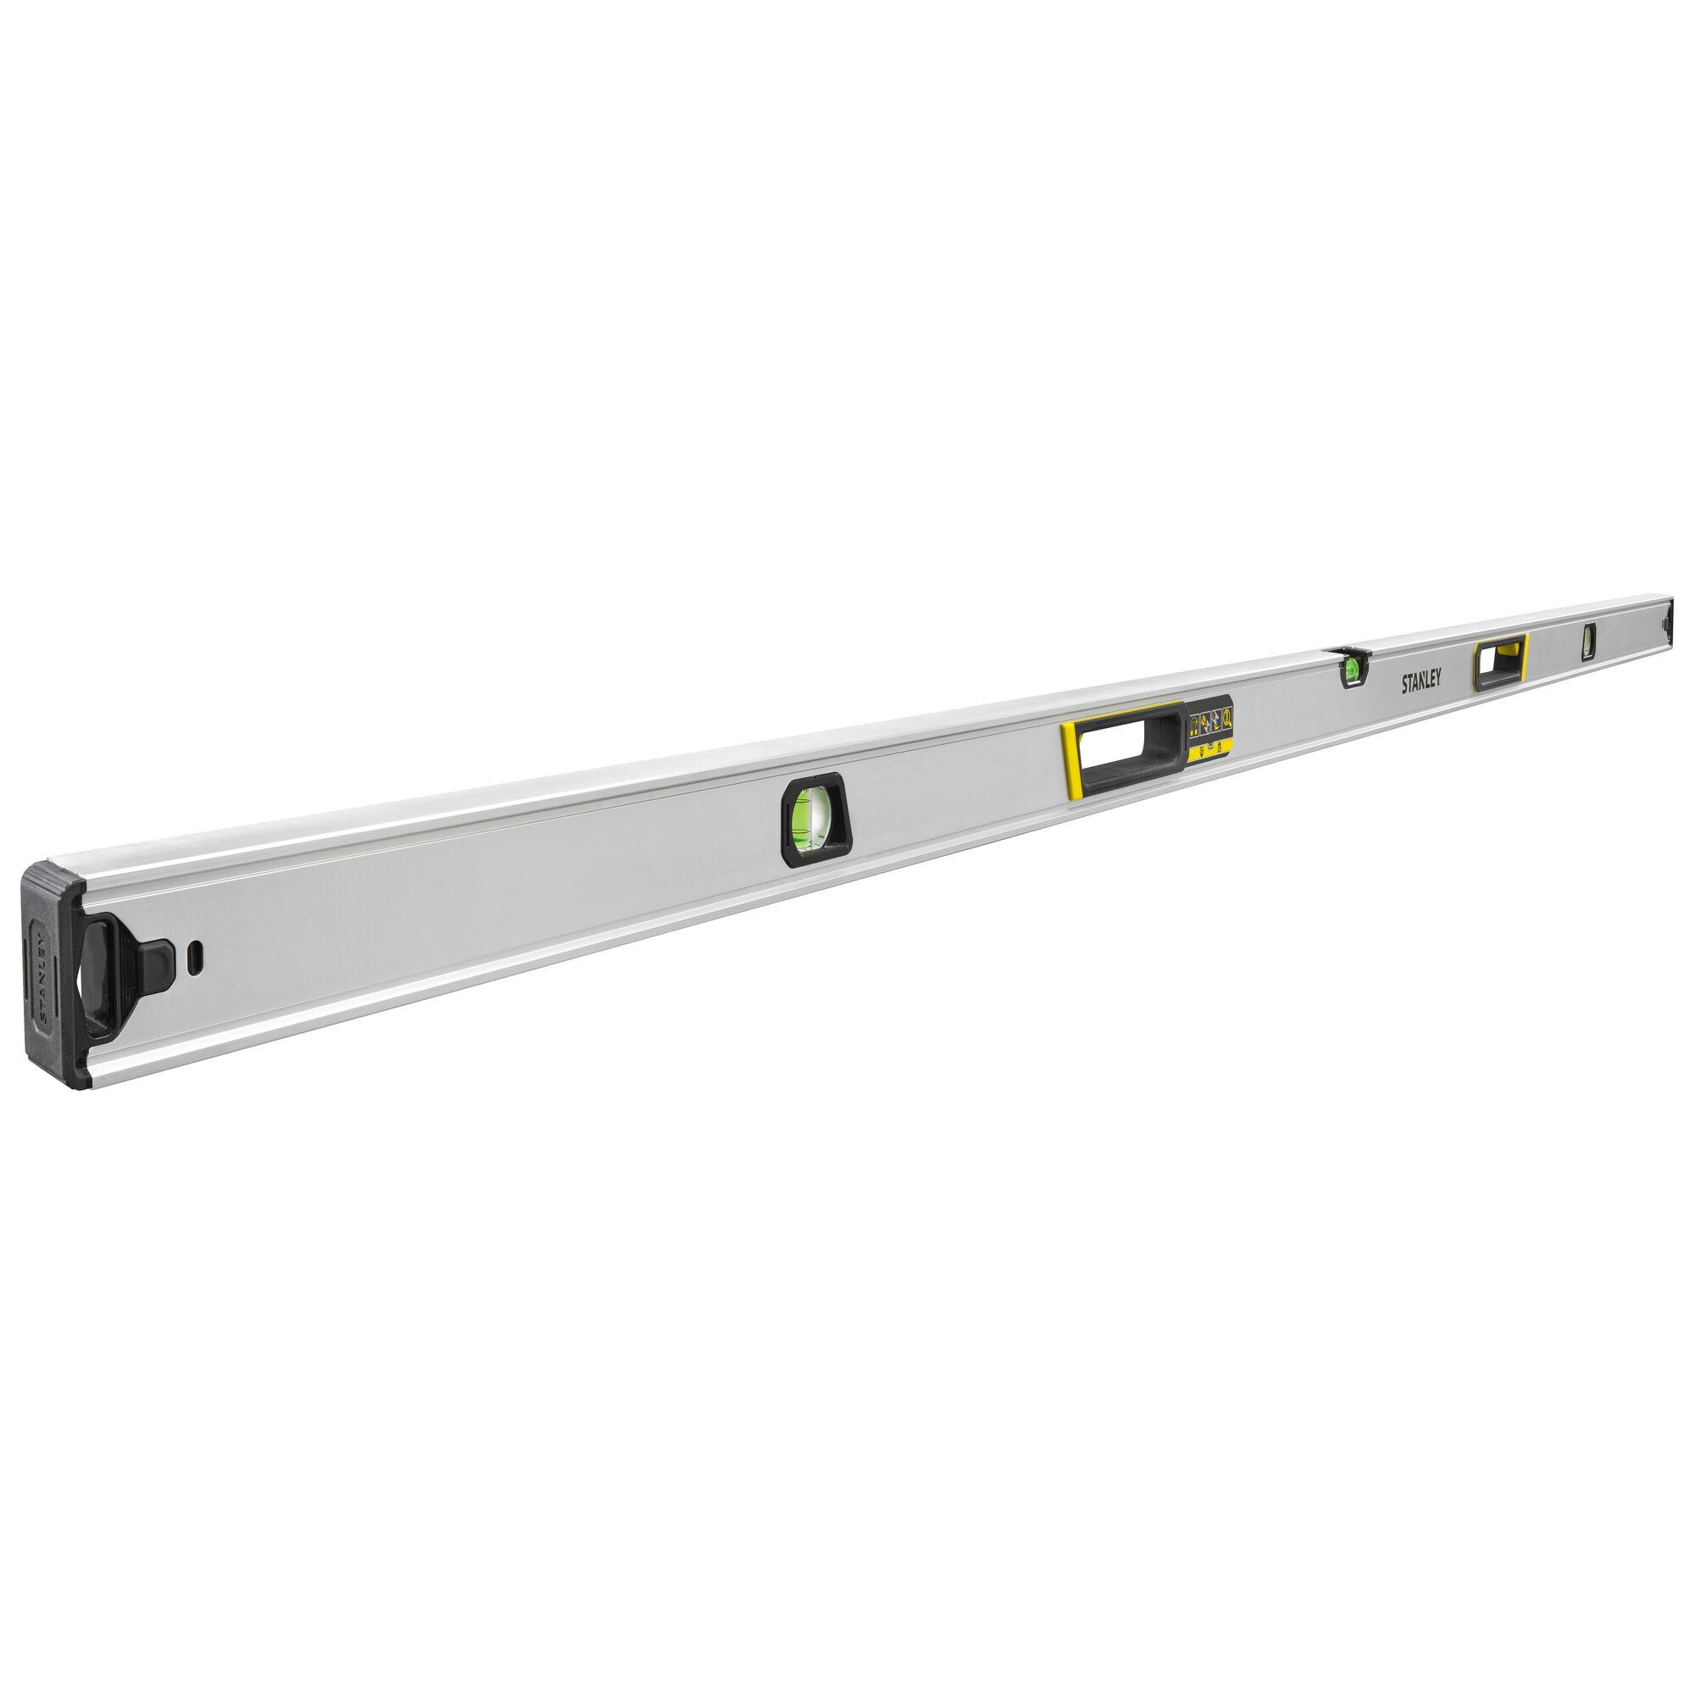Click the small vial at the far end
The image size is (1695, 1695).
(x=1588, y=642)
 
